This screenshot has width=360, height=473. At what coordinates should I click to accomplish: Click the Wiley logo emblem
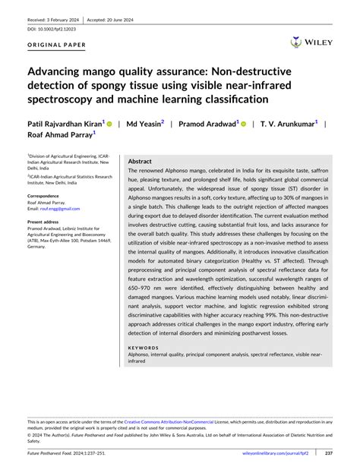[295, 42]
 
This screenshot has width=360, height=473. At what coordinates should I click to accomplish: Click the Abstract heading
[140, 162]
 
